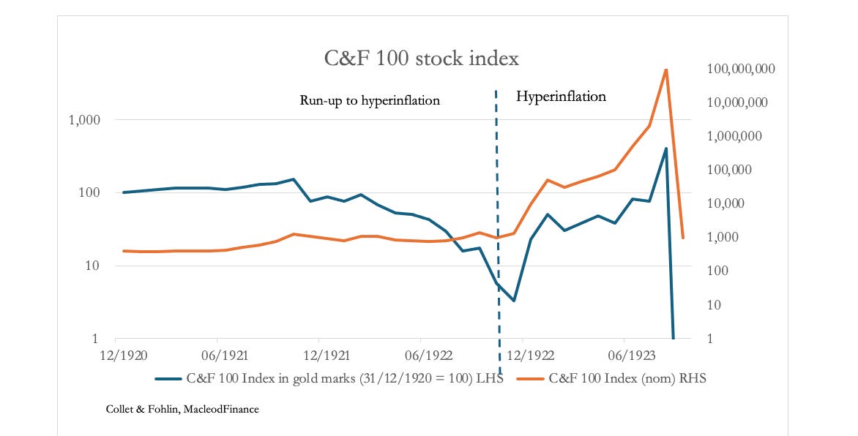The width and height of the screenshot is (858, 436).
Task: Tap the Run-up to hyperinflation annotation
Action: (370, 100)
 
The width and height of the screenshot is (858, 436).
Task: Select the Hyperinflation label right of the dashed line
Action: (562, 96)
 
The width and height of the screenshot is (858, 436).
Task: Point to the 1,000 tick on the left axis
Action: (88, 120)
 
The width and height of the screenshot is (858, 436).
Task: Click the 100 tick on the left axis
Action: (94, 193)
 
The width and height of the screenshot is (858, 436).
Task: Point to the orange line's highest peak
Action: (665, 69)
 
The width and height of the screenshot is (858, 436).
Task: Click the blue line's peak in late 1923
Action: (665, 149)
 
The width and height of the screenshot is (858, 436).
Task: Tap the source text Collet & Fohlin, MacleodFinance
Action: (182, 410)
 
